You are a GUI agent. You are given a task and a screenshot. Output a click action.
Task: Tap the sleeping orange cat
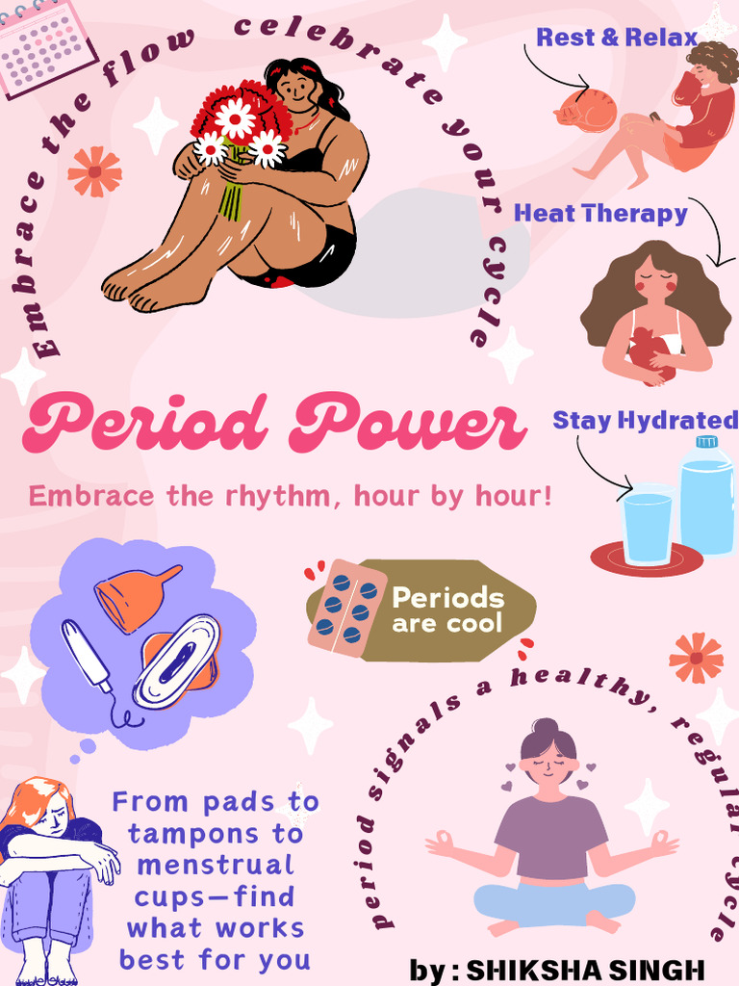pyautogui.click(x=586, y=111)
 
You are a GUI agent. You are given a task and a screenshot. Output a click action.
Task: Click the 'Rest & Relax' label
pyautogui.click(x=617, y=38)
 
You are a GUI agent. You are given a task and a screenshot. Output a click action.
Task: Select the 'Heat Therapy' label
pyautogui.click(x=600, y=213)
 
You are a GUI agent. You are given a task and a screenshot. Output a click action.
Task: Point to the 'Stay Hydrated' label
pyautogui.click(x=645, y=420)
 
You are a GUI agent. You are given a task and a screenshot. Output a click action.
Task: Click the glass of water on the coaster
pyautogui.click(x=647, y=526)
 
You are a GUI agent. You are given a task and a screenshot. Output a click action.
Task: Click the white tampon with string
pyautogui.click(x=88, y=656)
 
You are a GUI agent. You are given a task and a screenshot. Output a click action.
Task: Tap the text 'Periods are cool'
pyautogui.click(x=447, y=609)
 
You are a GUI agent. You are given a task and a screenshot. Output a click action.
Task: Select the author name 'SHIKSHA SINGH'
pyautogui.click(x=585, y=970)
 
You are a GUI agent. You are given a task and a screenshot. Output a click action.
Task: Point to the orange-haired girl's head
pyautogui.click(x=43, y=804)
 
